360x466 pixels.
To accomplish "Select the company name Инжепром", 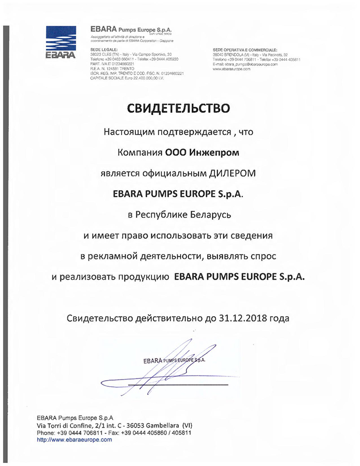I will click(212, 152).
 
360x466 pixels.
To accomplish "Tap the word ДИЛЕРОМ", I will click(229, 173).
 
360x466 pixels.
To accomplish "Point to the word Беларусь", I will click(213, 214).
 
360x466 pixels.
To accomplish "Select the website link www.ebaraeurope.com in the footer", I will click(75, 439).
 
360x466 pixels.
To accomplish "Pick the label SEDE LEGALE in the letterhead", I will click(100, 49).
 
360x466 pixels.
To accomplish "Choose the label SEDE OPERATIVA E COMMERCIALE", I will click(241, 49).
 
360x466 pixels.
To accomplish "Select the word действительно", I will click(177, 318).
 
